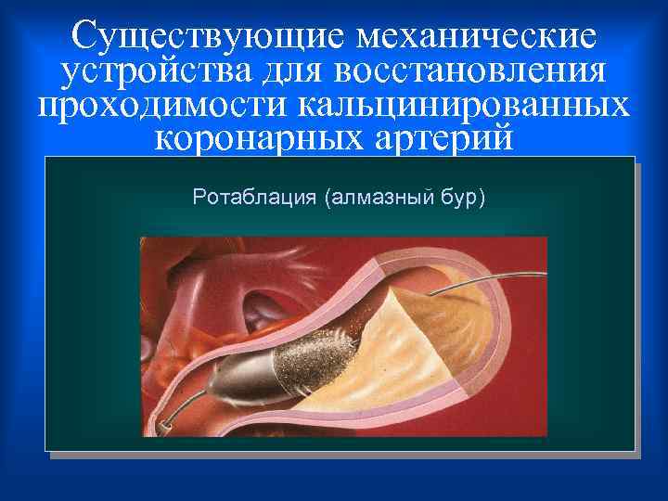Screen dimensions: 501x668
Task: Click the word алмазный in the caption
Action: pyautogui.click(x=380, y=198)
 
